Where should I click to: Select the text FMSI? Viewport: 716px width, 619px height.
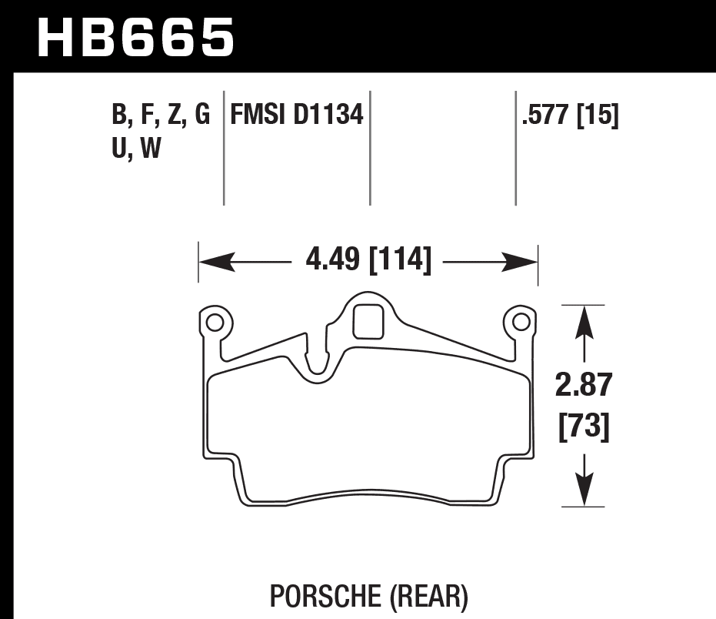[257, 116]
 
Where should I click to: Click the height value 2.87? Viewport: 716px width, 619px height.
[584, 385]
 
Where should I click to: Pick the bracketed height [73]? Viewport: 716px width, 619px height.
[584, 426]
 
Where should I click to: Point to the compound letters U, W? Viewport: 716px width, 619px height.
[136, 148]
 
